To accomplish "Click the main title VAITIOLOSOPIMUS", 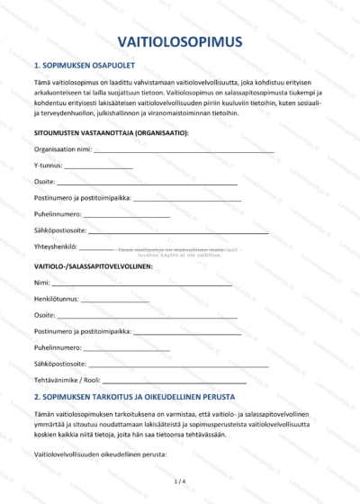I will click(x=180, y=42).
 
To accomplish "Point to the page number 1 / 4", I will click(x=180, y=481).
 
